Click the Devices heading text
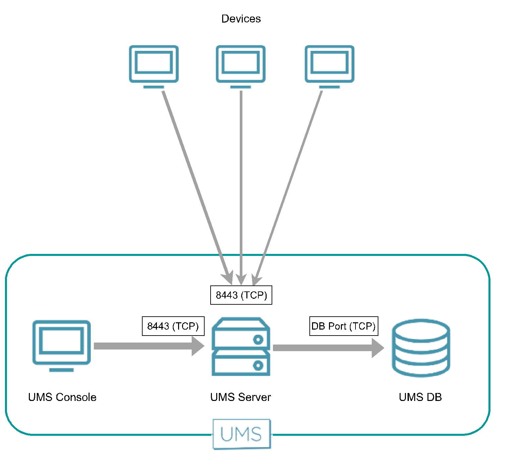pyautogui.click(x=241, y=19)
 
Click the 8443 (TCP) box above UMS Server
pyautogui.click(x=241, y=295)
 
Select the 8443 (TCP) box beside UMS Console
pyautogui.click(x=173, y=326)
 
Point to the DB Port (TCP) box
pyautogui.click(x=344, y=326)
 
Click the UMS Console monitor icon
pyautogui.click(x=61, y=345)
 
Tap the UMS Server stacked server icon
pyautogui.click(x=241, y=347)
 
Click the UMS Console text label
pyautogui.click(x=62, y=397)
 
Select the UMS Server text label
pyautogui.click(x=240, y=397)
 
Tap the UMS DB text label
pyautogui.click(x=420, y=397)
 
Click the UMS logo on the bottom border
pyautogui.click(x=241, y=434)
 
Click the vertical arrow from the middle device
pyautogui.click(x=241, y=183)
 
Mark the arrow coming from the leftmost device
pyautogui.click(x=196, y=183)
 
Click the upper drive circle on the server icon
pyautogui.click(x=258, y=340)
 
